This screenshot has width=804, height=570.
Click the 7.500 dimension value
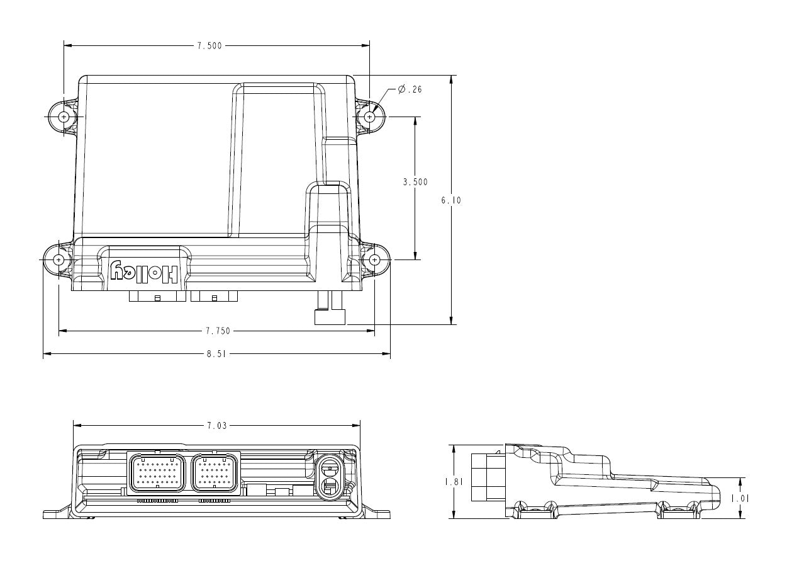(x=209, y=46)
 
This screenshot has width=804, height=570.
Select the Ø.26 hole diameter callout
(x=410, y=89)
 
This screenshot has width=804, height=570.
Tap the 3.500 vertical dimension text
(x=415, y=182)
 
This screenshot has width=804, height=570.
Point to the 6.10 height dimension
(x=451, y=200)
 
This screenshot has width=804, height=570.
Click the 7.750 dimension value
(x=218, y=331)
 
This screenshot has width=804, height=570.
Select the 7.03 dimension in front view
(x=216, y=426)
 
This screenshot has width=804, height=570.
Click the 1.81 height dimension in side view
(x=454, y=481)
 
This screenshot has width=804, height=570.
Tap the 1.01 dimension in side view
(x=740, y=498)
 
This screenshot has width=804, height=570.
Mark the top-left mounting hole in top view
(x=64, y=117)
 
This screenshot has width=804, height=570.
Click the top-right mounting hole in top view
(x=370, y=117)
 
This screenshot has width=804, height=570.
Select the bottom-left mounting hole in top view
(x=59, y=259)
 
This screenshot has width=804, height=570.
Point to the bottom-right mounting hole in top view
(x=375, y=259)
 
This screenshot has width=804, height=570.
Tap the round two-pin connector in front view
(x=329, y=477)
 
